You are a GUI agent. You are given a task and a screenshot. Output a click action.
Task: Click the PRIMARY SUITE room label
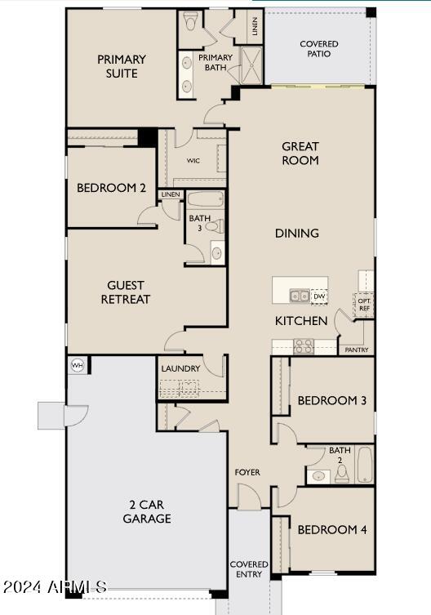click(x=122, y=66)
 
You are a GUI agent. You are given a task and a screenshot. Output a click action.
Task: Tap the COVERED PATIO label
click(x=319, y=49)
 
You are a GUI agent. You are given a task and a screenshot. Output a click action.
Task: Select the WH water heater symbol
click(x=78, y=365)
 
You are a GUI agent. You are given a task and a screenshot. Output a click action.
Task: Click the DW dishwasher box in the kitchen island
click(x=318, y=296)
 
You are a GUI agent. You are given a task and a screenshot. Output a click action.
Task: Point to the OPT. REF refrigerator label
click(x=364, y=303)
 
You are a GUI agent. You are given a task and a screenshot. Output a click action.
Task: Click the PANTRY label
click(x=357, y=350)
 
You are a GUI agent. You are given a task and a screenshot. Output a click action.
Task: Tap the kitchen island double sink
click(x=299, y=296)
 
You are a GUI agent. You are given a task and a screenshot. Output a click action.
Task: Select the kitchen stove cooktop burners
click(x=304, y=345)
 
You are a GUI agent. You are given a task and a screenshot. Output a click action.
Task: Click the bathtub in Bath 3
click(x=206, y=198)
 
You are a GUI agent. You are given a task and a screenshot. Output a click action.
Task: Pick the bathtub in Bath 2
click(x=363, y=465)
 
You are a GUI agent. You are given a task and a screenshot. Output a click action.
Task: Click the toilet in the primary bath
click(x=191, y=19)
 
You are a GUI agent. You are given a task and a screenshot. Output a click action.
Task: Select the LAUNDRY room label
click(x=180, y=368)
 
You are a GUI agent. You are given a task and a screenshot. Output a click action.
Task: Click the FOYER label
click(x=248, y=472)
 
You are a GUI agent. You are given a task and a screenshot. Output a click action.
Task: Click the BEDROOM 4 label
click(x=331, y=530)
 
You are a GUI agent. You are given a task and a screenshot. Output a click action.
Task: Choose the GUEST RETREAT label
click(x=126, y=292)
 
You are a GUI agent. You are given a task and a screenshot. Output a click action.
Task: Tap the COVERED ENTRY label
click(x=249, y=569)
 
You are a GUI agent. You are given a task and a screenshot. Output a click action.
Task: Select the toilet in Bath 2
click(x=342, y=474)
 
